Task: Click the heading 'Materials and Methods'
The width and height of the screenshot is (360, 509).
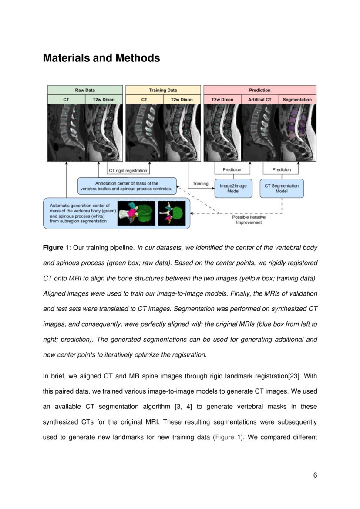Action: (101, 58)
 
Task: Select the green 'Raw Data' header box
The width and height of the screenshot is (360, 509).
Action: (85, 90)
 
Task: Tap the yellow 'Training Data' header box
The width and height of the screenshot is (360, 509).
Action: (163, 90)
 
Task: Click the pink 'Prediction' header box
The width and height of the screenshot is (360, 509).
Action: (259, 90)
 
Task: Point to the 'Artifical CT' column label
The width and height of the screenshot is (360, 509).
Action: (259, 100)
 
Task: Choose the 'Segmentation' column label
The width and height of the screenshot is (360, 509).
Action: (297, 100)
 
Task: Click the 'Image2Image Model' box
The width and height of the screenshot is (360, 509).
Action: (233, 189)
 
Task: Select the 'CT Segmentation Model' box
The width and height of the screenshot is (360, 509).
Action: (282, 189)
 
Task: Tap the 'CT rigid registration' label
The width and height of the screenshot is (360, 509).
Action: (128, 170)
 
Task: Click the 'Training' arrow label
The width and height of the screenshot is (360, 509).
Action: (200, 184)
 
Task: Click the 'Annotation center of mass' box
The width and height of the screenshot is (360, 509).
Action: (127, 186)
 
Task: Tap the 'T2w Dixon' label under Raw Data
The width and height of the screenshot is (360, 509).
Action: (104, 100)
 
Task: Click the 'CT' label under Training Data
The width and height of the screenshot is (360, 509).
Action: (144, 100)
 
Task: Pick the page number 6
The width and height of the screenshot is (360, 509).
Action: (315, 475)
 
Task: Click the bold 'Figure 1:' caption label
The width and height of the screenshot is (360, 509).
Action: (57, 248)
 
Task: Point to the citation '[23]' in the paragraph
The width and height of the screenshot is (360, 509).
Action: (295, 376)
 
